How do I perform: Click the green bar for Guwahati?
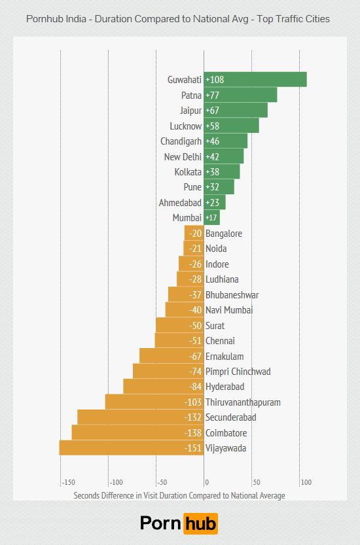(x=255, y=80)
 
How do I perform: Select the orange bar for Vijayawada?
(x=131, y=448)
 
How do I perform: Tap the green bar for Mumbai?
(x=211, y=218)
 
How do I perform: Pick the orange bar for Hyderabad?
(x=163, y=387)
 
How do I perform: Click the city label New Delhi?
(x=183, y=156)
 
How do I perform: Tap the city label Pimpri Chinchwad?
(x=238, y=372)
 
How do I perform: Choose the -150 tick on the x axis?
(x=67, y=483)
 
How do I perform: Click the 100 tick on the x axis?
(x=305, y=483)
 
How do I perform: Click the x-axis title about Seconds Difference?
(x=179, y=495)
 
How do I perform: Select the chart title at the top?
(x=178, y=19)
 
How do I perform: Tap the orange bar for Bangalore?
(x=194, y=234)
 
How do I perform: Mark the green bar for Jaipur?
(x=236, y=111)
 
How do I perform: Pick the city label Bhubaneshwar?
(x=232, y=295)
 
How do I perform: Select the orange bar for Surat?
(x=179, y=326)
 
